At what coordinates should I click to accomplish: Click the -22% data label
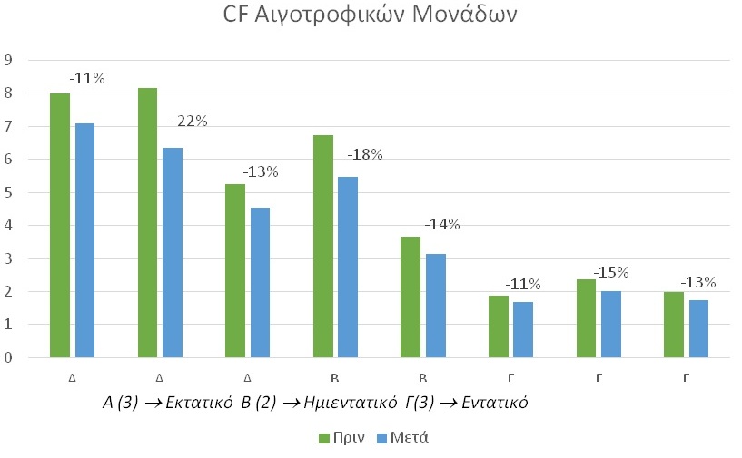click(190, 121)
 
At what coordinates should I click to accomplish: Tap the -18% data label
click(365, 154)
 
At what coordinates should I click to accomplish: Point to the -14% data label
click(442, 224)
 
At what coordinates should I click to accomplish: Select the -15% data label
click(611, 272)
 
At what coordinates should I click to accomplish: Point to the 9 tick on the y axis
click(8, 60)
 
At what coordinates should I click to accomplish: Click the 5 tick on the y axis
click(8, 192)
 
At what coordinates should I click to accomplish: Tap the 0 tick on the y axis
click(8, 357)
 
